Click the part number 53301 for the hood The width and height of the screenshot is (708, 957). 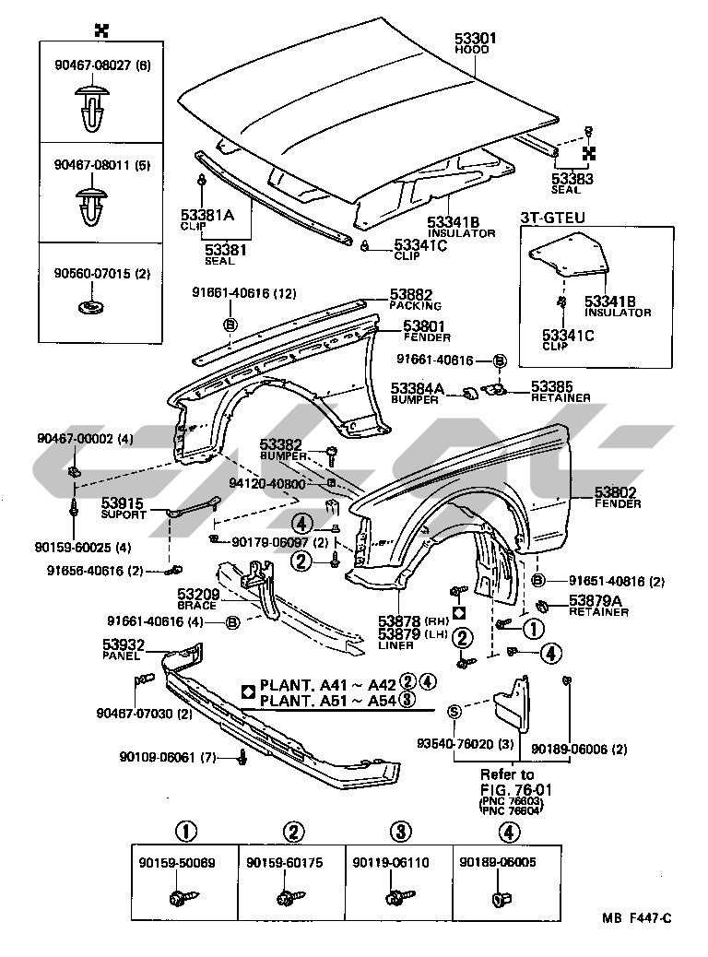(x=476, y=39)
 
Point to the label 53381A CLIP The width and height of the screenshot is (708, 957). (x=207, y=219)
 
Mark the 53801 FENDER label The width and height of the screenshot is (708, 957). (x=423, y=325)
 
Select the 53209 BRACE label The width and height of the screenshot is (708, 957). (x=198, y=596)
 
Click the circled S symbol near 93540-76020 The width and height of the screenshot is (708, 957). (x=454, y=711)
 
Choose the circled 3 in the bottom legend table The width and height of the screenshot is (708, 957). (x=398, y=833)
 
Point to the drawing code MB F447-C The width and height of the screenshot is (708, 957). (x=637, y=918)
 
